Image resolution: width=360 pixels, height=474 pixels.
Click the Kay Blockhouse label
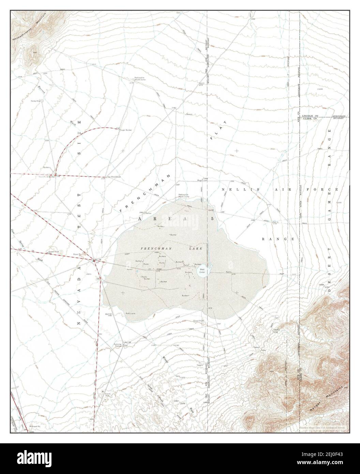[x=114, y=177]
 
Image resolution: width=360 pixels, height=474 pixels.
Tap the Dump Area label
[x=36, y=101]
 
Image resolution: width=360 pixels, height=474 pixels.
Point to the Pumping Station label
[x=118, y=345]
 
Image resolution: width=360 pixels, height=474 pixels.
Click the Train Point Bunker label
[x=47, y=177]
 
